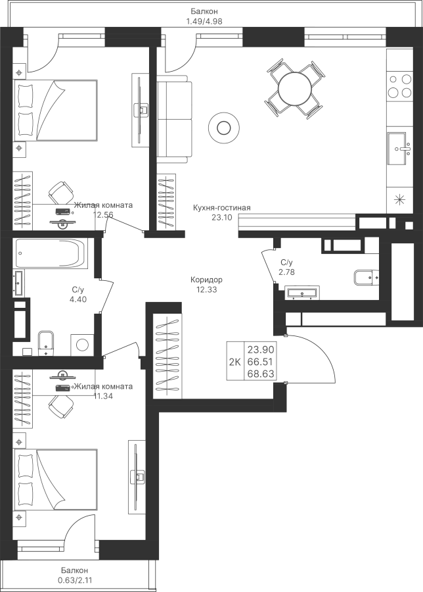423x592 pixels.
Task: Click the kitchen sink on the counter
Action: [399, 149]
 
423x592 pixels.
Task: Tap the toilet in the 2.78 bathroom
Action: [364, 278]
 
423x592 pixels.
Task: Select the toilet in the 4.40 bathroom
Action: [47, 341]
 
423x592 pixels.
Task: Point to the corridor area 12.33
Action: [207, 288]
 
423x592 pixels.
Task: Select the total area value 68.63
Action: [260, 374]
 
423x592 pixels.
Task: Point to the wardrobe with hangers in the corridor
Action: [168, 355]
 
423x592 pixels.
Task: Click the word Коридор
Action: [207, 279]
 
